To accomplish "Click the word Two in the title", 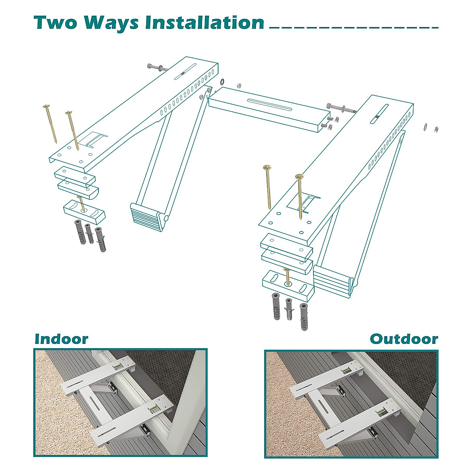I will click(55, 23).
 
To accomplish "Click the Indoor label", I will click(61, 338).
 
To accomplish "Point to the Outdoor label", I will click(404, 338).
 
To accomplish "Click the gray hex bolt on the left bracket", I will click(156, 68).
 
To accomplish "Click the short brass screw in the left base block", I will click(81, 204).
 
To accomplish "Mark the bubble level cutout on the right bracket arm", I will click(309, 203).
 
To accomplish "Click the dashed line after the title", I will click(354, 28).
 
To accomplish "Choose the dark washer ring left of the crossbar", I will click(222, 82).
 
